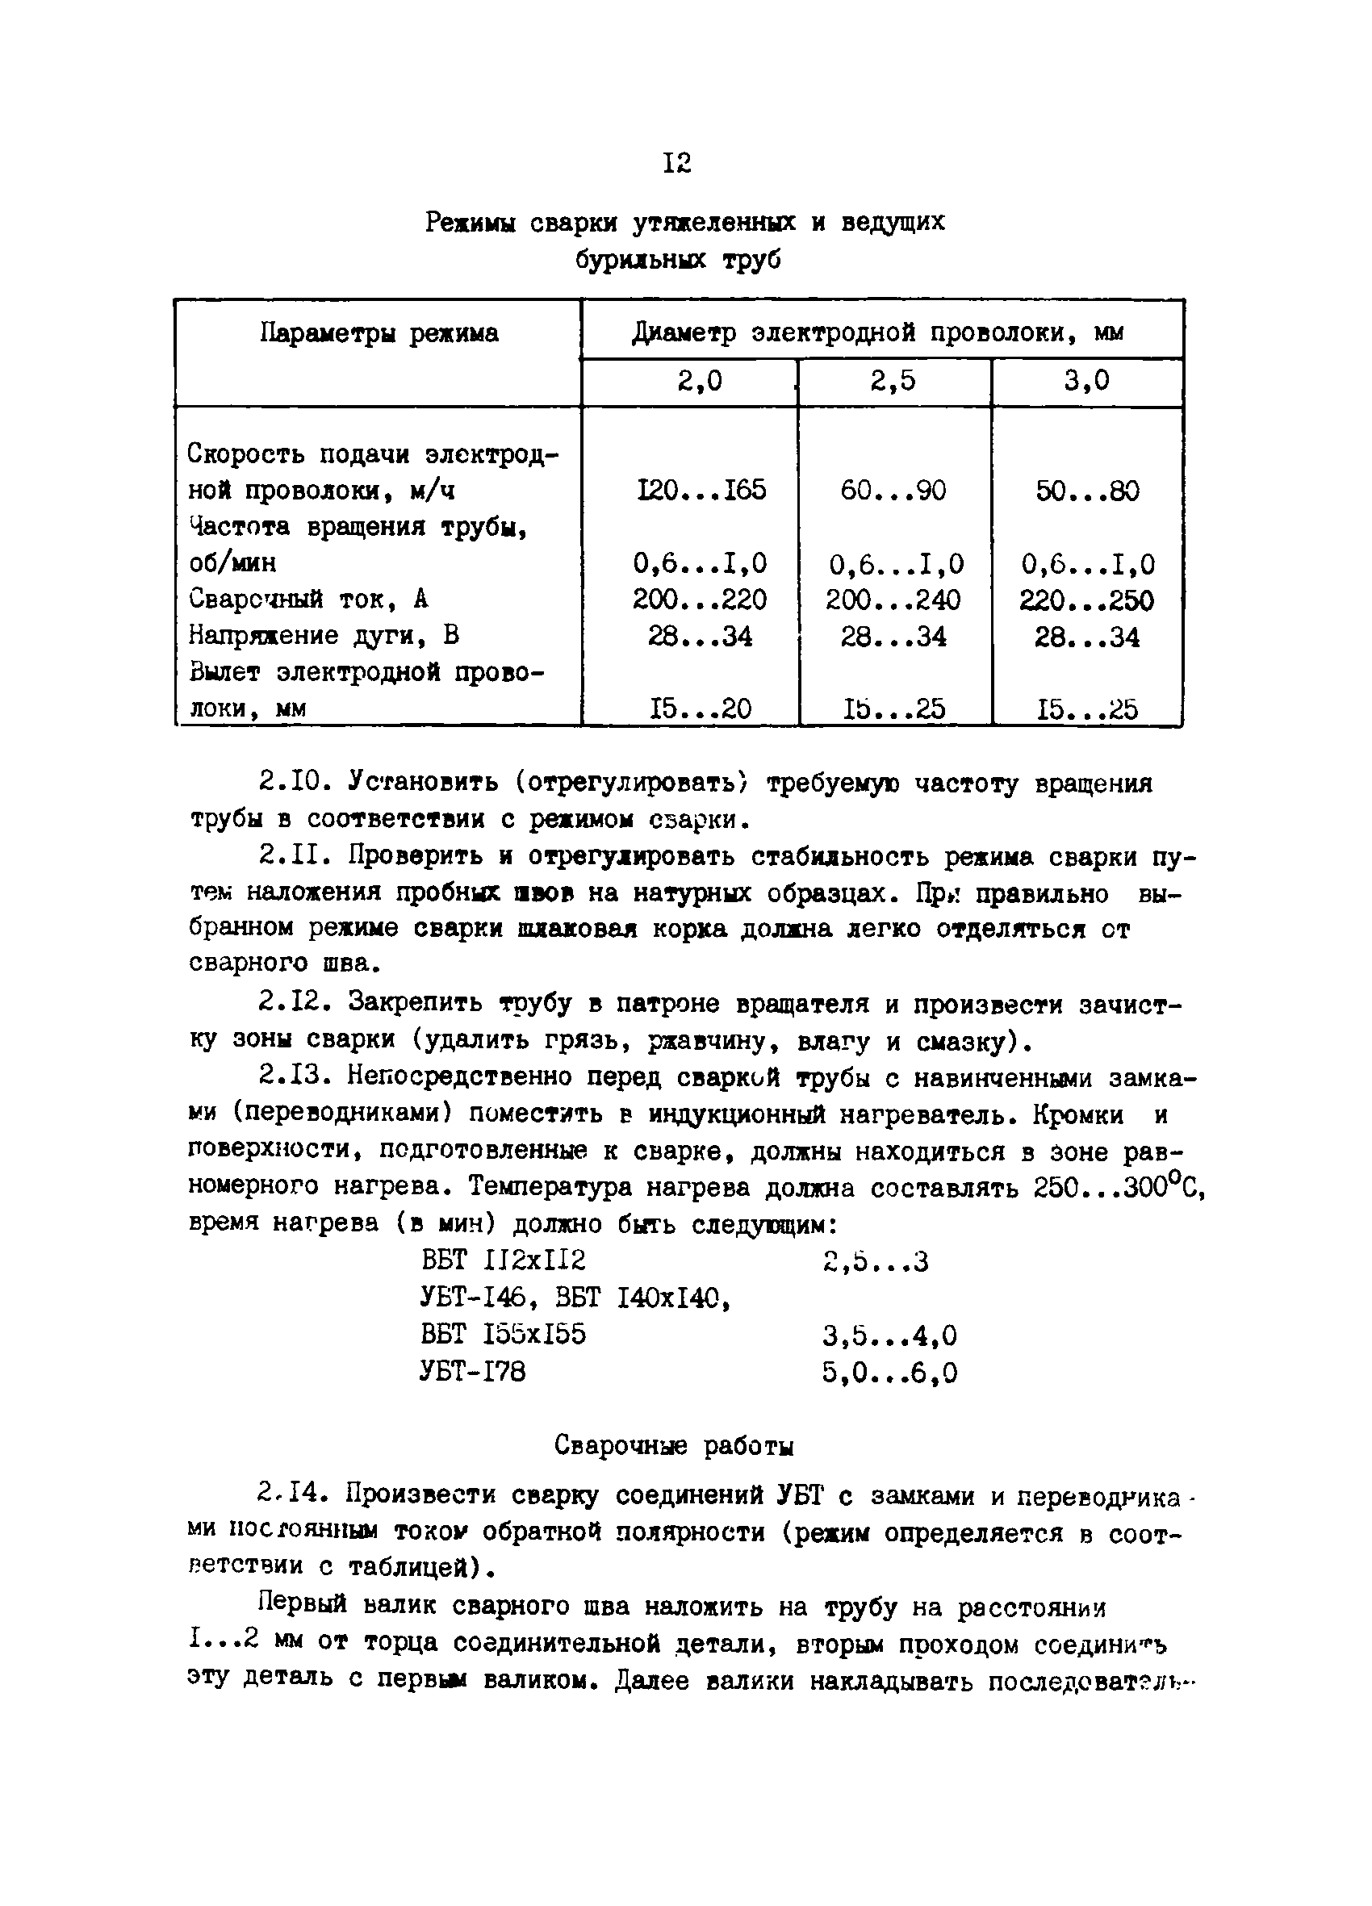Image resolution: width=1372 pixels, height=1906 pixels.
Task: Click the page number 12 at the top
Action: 677,162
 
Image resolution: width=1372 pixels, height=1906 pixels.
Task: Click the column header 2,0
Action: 700,382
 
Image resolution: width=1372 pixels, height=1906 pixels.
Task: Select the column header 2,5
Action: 893,382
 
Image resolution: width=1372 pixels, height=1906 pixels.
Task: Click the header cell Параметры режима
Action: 379,333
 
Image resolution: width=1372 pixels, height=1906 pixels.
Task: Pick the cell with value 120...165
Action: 700,490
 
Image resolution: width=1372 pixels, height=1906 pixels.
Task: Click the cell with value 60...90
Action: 893,490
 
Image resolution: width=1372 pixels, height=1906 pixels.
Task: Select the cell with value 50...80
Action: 1087,491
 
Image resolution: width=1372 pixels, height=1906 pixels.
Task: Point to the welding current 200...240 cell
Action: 893,600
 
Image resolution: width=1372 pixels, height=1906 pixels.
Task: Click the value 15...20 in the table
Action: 700,709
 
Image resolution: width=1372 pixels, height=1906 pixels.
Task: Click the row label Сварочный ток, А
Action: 308,600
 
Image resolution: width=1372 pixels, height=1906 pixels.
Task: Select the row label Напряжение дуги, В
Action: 324,635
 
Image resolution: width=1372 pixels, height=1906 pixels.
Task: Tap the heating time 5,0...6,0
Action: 889,1373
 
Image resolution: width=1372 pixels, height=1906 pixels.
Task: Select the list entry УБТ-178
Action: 472,1372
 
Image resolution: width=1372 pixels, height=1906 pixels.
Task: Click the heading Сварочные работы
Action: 674,1445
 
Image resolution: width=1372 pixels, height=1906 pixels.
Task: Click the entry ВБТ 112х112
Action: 503,1260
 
